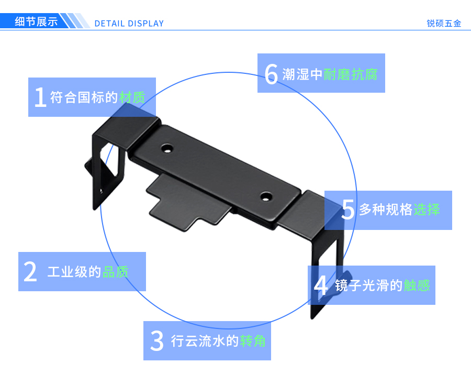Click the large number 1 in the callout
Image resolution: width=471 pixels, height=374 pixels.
40,97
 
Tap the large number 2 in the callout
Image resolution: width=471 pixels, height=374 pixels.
31,272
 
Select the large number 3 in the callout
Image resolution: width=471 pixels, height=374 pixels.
157,341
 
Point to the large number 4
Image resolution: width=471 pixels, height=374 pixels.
321,285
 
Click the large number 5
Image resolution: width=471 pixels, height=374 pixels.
348,210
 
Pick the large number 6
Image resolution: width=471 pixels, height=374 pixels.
271,74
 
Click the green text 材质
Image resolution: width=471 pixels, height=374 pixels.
132,98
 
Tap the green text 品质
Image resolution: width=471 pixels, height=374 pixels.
115,272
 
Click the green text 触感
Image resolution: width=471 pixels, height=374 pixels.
417,285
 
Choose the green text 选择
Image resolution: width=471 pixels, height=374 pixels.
427,210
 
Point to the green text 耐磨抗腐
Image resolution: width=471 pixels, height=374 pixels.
350,74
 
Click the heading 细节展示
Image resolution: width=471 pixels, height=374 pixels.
36,22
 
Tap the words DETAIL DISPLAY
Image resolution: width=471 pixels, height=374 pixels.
129,24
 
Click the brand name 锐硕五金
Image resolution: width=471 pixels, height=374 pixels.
444,24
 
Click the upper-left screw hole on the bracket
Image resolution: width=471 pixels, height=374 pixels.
167,148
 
